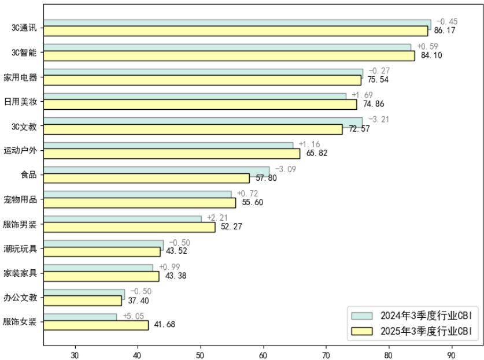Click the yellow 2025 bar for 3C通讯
tap(235, 31)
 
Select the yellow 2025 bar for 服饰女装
tap(96, 325)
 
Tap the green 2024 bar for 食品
tap(156, 170)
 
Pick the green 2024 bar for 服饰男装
tap(123, 219)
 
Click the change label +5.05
tap(133, 316)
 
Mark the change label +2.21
tap(217, 217)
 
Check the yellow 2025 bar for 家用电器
tap(202, 80)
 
